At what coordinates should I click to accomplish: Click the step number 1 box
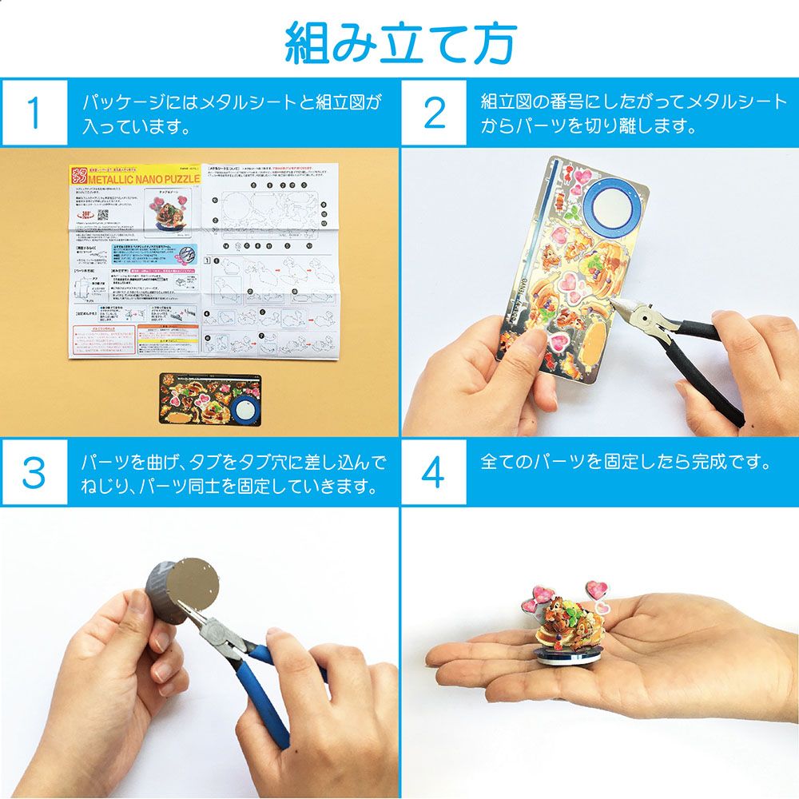[x=34, y=113]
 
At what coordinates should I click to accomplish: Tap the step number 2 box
[x=433, y=113]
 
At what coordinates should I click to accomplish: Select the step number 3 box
[x=34, y=473]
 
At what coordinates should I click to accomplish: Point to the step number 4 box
[x=433, y=473]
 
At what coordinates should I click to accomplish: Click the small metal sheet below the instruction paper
[x=210, y=397]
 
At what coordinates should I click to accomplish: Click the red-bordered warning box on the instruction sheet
[x=164, y=340]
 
